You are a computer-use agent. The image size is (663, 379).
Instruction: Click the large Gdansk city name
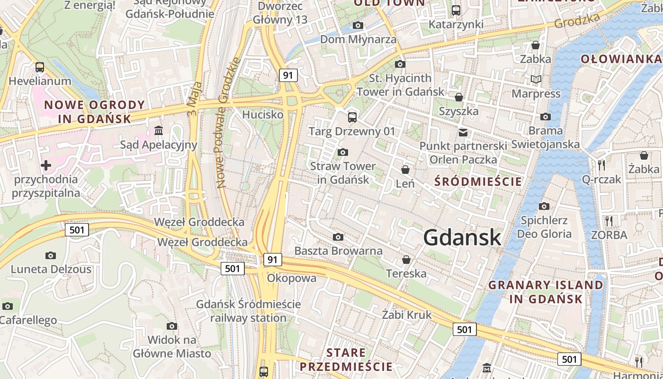(462, 237)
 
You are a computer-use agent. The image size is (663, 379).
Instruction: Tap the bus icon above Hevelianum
(40, 67)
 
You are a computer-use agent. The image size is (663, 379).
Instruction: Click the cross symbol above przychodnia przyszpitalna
(45, 165)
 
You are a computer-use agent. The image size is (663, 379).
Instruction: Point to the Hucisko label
(262, 115)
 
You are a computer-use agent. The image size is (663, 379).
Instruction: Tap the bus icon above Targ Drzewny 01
(352, 117)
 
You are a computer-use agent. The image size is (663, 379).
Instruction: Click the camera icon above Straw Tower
(342, 152)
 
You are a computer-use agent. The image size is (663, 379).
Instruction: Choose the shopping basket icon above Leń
(405, 169)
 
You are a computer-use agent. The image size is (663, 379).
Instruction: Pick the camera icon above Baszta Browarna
(338, 237)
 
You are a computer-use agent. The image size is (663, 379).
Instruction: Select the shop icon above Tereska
(406, 260)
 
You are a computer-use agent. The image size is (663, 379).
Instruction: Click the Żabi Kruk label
(407, 315)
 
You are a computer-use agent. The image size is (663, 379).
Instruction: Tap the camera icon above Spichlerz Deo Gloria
(544, 206)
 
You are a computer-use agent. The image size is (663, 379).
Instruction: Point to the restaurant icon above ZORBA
(609, 221)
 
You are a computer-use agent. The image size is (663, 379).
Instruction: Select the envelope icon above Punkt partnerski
(463, 133)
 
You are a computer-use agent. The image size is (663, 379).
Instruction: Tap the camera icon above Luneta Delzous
(51, 256)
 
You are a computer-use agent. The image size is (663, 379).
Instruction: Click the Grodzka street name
(577, 20)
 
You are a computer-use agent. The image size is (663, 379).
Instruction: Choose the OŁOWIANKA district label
(621, 59)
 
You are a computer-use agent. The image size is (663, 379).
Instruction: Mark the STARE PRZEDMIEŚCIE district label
(346, 360)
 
